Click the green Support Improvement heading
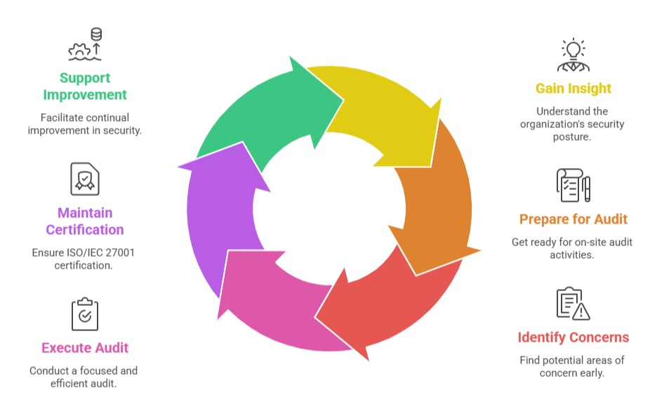point(85,86)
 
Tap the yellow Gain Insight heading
point(573,89)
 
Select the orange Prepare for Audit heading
point(573,219)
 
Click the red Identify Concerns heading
point(573,337)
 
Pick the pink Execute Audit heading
point(85,347)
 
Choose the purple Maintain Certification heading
point(85,221)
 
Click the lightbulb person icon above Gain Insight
point(573,55)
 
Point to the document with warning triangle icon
point(573,304)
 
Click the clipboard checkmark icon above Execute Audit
point(85,314)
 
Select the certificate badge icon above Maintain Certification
point(85,179)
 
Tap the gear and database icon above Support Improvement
point(85,44)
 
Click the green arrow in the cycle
point(267,112)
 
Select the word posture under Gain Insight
point(573,137)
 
